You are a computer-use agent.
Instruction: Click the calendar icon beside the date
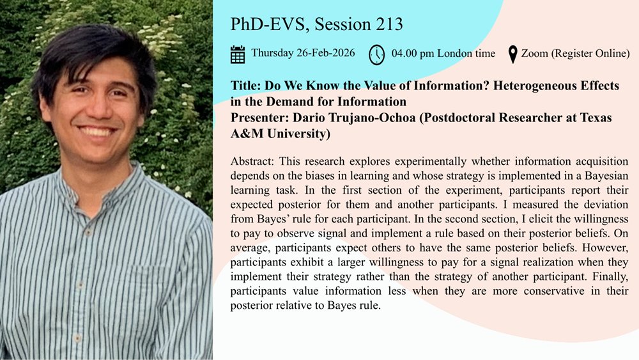[x=238, y=54]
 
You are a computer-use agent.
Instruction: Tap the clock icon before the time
[x=377, y=55]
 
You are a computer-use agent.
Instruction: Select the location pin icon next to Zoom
[x=512, y=54]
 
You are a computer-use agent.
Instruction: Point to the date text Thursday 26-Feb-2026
[x=303, y=53]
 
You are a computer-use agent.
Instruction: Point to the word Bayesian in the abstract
[x=608, y=174]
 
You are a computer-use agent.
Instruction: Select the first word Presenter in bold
[x=256, y=118]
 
